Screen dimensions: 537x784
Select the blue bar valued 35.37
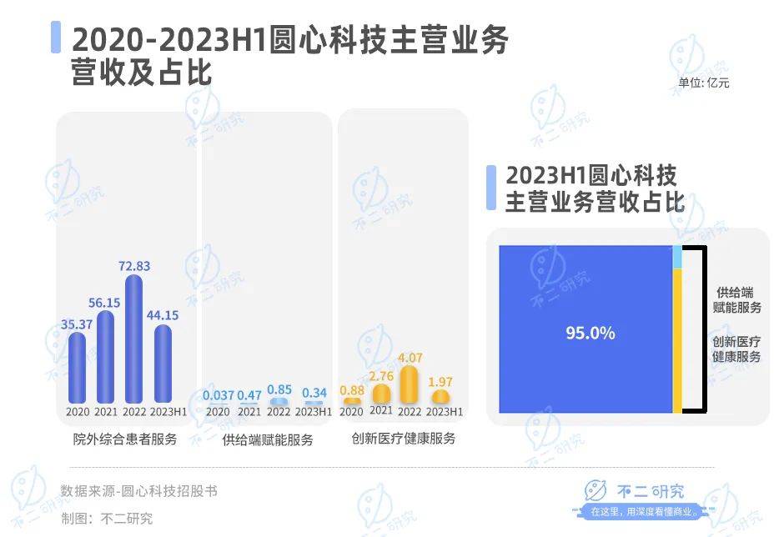[x=77, y=368]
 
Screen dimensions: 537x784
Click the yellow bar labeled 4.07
[x=409, y=384]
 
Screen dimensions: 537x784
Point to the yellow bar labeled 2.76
[x=381, y=394]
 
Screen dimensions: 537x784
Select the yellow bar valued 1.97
[x=440, y=397]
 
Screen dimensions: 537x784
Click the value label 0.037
[x=218, y=395]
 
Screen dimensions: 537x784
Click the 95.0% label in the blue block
[x=591, y=333]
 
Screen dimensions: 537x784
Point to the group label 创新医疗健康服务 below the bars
[x=404, y=439]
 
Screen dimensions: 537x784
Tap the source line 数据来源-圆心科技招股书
[x=138, y=491]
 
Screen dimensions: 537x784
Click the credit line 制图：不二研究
[x=107, y=518]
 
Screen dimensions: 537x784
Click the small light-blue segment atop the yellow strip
[x=677, y=257]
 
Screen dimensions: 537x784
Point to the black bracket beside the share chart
[x=705, y=329]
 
